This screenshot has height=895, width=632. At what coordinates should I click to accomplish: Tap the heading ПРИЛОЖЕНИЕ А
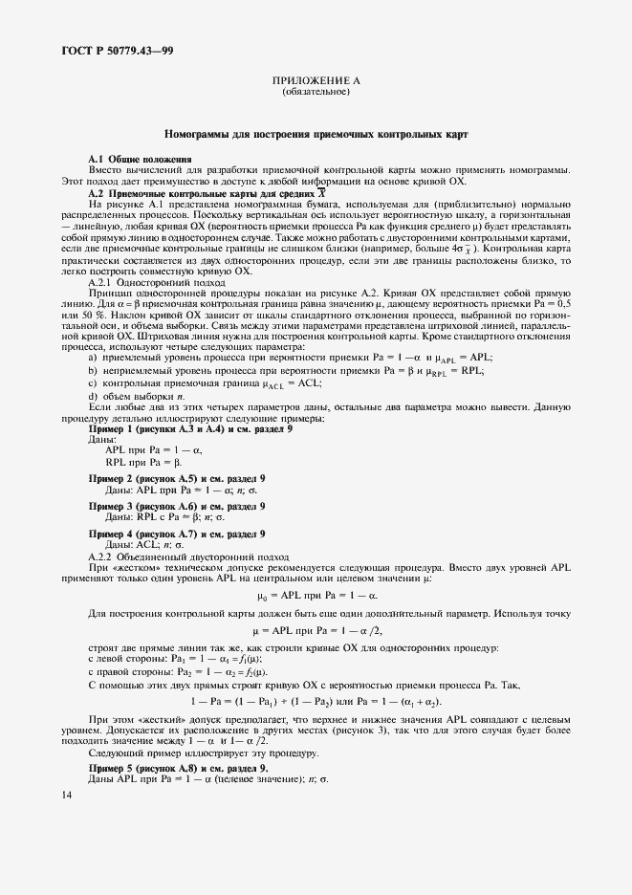(315, 82)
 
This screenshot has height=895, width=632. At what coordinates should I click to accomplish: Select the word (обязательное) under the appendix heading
(315, 93)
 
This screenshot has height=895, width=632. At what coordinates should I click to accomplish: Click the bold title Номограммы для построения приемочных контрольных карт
(315, 135)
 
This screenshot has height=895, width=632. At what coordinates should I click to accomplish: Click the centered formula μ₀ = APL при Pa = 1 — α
(315, 594)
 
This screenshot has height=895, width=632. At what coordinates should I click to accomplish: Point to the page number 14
(65, 795)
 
